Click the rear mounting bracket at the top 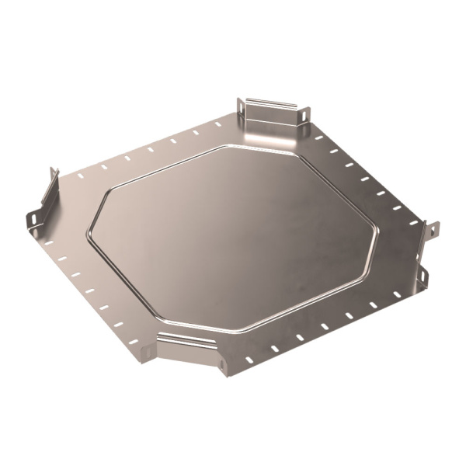point(272,113)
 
